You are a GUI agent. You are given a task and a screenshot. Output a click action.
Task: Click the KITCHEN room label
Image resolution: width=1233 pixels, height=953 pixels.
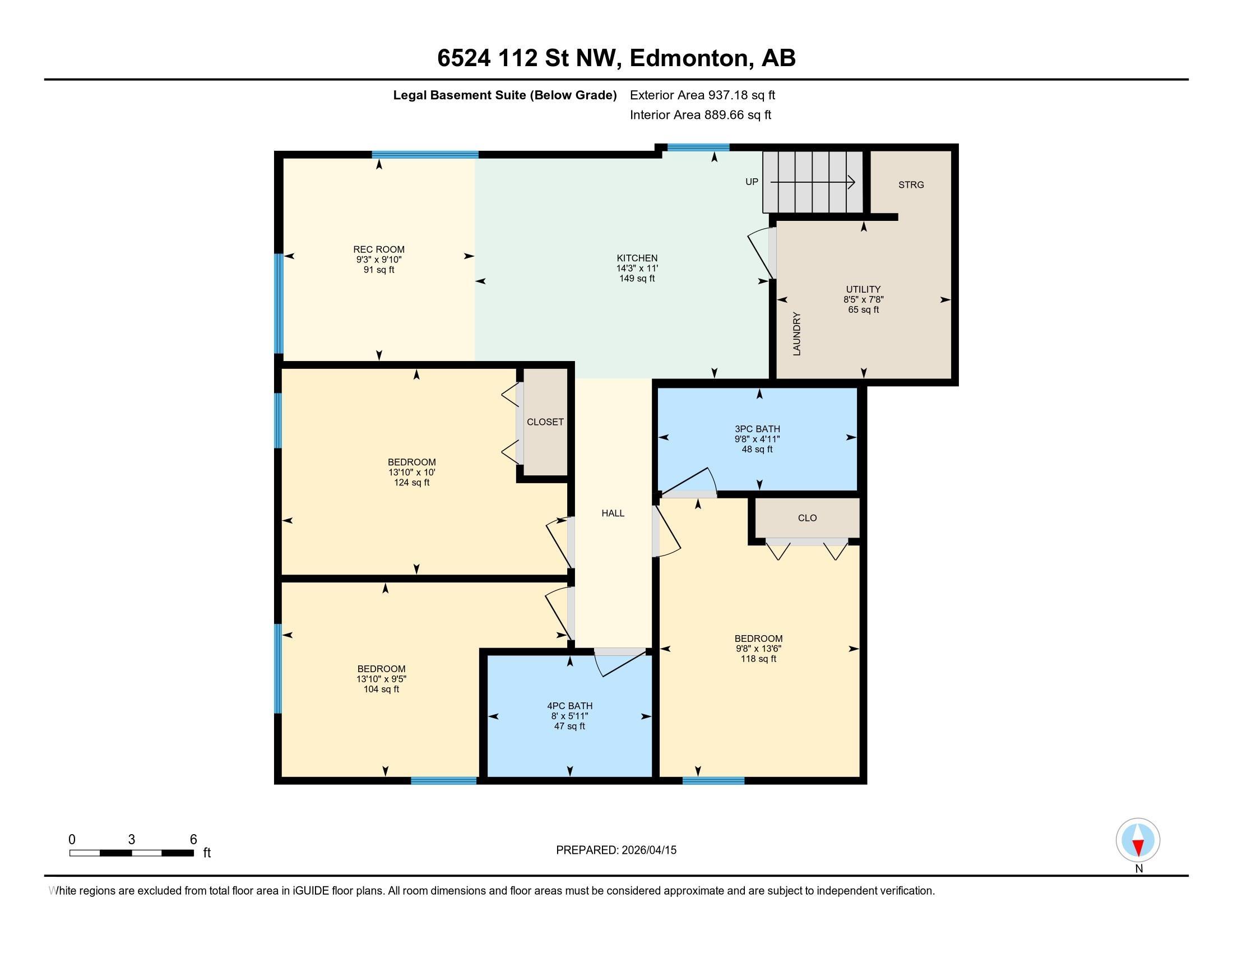[637, 258]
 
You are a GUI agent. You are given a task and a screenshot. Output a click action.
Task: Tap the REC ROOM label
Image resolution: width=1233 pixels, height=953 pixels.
[379, 249]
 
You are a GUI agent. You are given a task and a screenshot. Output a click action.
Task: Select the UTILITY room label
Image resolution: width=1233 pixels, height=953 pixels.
[863, 290]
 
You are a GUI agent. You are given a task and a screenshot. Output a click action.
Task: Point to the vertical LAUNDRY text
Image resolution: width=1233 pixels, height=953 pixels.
[797, 334]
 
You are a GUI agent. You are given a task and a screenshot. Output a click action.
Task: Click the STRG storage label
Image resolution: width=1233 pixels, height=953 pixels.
[911, 184]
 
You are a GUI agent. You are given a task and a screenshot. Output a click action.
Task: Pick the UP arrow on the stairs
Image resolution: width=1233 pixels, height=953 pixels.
[813, 182]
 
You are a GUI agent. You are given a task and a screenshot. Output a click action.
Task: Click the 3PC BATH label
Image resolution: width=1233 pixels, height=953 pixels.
[757, 429]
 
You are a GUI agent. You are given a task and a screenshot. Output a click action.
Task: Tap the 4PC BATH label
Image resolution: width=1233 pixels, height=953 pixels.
[569, 706]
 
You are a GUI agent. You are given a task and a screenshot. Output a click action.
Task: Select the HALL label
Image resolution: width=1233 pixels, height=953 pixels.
[613, 513]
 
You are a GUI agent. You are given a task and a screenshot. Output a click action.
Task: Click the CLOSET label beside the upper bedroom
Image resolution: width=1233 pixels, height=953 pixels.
[545, 422]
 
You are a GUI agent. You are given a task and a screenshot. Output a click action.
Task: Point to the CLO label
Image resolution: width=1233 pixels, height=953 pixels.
[807, 518]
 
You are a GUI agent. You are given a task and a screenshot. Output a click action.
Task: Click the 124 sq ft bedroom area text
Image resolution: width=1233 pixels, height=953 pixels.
[411, 483]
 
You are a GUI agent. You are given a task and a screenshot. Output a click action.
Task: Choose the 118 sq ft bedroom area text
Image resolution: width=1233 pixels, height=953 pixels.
[758, 659]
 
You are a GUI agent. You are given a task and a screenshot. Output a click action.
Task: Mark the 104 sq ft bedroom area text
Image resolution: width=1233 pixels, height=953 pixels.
[381, 690]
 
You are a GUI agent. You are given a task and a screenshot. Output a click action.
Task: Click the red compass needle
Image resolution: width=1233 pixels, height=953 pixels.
[1138, 848]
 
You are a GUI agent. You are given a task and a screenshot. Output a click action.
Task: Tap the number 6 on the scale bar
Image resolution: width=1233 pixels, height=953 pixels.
[193, 840]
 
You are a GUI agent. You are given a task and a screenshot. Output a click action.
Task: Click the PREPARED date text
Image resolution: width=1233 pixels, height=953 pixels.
[616, 850]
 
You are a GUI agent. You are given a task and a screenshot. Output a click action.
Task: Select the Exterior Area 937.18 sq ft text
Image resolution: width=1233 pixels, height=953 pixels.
[702, 95]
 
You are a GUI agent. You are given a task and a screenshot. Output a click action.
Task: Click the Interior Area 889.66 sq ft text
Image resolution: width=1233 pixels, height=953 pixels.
[700, 115]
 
